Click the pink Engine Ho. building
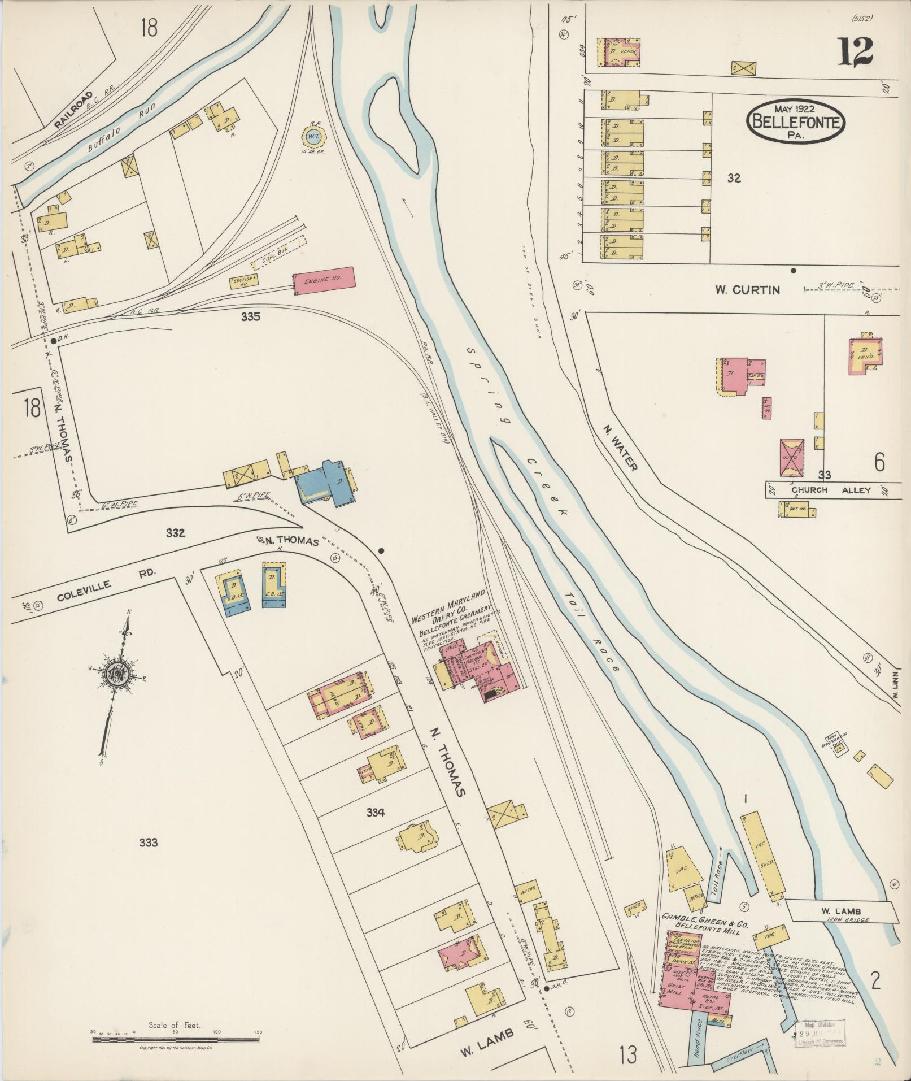click(x=324, y=280)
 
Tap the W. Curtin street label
click(x=747, y=290)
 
